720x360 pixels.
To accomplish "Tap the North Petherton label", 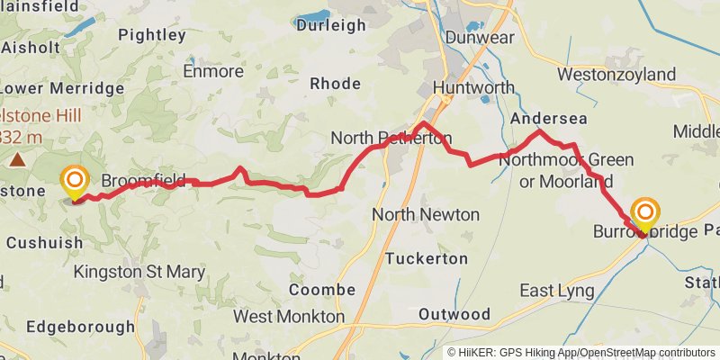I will (x=390, y=138).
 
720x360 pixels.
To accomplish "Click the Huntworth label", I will (x=473, y=87).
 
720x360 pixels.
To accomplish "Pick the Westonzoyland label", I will (x=616, y=73).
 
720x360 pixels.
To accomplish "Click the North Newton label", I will (x=426, y=214).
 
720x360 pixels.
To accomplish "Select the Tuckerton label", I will (x=427, y=258).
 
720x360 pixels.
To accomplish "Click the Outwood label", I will (x=454, y=314).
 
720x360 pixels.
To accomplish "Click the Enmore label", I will (x=212, y=70).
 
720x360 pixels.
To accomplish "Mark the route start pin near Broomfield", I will (x=75, y=183).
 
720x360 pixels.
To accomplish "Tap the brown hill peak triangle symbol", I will (x=17, y=160).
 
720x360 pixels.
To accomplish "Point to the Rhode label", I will (x=335, y=83).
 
